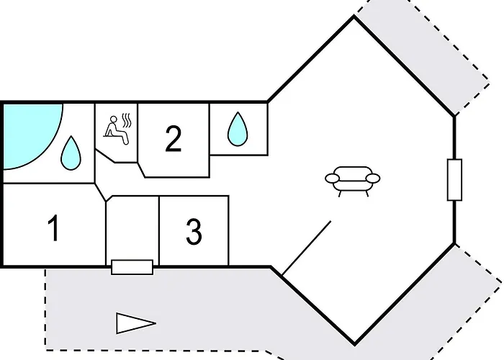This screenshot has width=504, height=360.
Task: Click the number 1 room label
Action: (x=54, y=228)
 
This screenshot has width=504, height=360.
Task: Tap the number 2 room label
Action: (x=174, y=138)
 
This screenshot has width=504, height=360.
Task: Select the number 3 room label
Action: (x=194, y=231)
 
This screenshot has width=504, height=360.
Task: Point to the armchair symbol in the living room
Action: (x=353, y=181)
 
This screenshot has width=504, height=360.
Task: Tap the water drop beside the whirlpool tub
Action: (x=71, y=153)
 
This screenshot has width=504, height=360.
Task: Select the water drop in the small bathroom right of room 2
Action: (x=238, y=129)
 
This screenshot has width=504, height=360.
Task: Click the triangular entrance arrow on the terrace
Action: (x=136, y=323)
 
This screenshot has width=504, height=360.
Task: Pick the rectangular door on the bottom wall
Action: (x=132, y=267)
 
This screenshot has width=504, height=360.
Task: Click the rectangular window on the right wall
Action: (x=455, y=180)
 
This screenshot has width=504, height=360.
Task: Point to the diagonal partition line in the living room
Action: (x=307, y=248)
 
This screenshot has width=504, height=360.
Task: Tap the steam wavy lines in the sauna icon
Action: (x=127, y=120)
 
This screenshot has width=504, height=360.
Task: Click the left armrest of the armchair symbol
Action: (x=333, y=178)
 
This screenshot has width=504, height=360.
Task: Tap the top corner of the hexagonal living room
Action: (x=354, y=16)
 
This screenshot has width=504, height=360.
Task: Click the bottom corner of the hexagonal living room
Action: (x=354, y=345)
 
